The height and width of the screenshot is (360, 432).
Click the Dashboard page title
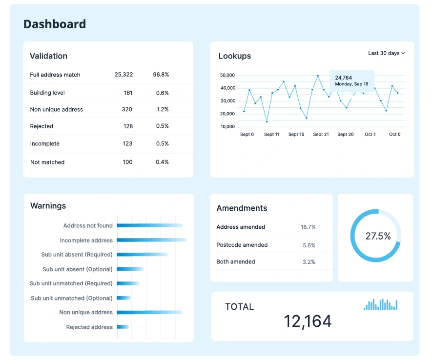tap(55, 24)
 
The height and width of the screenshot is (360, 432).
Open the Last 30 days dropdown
tap(387, 53)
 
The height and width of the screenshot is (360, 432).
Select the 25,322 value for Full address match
tap(123, 75)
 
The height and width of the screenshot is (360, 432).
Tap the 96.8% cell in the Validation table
tap(161, 75)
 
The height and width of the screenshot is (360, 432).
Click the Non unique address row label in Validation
tap(56, 109)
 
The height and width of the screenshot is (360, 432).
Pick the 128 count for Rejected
tap(128, 126)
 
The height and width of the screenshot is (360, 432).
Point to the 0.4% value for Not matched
tap(162, 162)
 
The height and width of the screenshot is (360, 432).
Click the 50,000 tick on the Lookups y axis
tap(227, 75)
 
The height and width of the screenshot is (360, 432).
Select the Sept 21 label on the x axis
tap(321, 134)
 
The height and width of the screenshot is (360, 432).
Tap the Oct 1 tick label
tap(370, 134)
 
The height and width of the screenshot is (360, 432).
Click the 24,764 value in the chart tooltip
tap(344, 78)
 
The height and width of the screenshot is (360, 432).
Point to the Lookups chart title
tap(235, 56)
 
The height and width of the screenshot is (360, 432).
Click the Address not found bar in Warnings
tap(149, 225)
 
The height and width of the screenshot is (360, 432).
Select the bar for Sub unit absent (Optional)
tap(130, 269)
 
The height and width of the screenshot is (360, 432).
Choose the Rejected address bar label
tap(89, 327)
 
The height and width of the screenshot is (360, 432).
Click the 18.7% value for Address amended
tap(308, 227)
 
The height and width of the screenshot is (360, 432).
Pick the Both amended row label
tap(236, 261)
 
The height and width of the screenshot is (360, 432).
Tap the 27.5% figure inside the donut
tap(378, 236)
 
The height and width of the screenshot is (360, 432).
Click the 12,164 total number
tap(308, 321)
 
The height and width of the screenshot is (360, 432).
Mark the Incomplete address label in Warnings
tap(86, 240)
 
